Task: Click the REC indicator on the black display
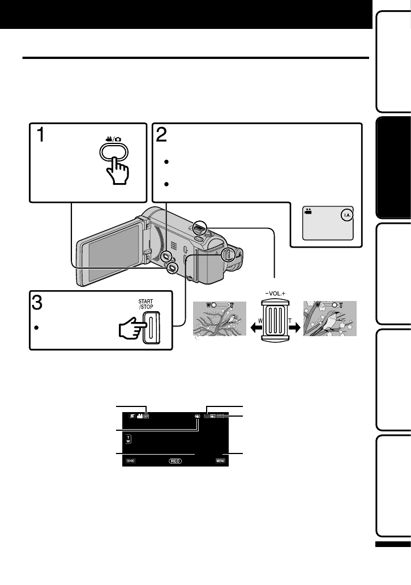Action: tap(175, 461)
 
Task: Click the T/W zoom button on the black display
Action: tap(127, 439)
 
